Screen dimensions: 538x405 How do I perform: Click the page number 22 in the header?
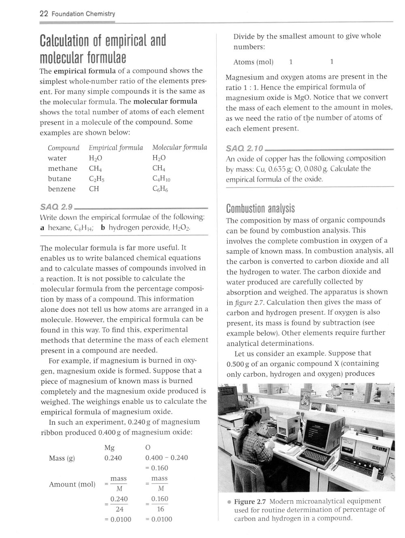click(x=44, y=14)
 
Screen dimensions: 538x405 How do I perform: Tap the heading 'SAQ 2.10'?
click(x=244, y=147)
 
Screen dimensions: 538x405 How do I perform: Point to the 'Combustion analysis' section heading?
click(x=260, y=209)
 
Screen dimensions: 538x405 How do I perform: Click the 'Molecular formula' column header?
click(x=179, y=148)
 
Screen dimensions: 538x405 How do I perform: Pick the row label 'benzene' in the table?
click(x=62, y=189)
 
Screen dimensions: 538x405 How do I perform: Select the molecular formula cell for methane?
click(x=158, y=168)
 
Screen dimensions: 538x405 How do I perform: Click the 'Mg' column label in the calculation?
click(x=109, y=448)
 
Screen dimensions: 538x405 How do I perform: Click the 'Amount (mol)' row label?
click(x=72, y=484)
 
